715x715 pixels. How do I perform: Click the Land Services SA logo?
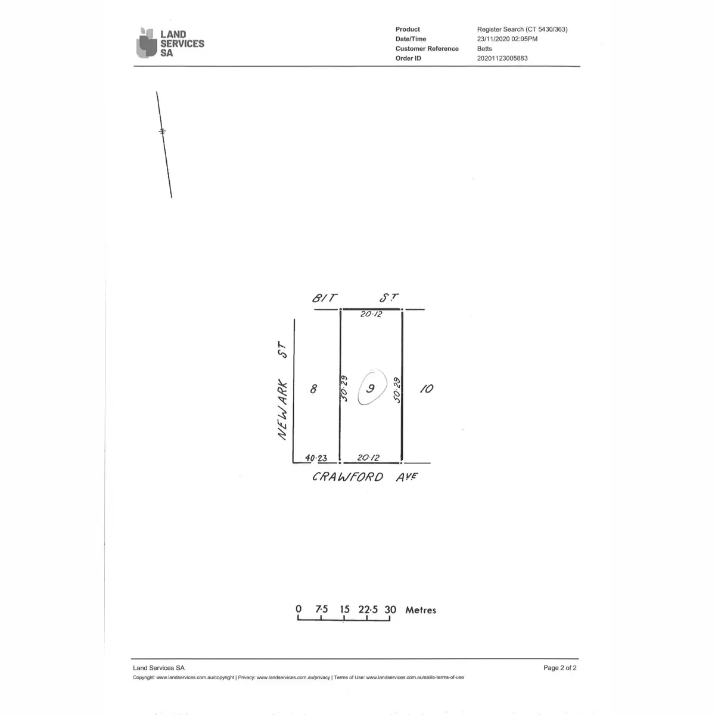tap(170, 43)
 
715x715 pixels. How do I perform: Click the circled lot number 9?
tap(371, 388)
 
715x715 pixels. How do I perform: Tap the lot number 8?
tap(313, 389)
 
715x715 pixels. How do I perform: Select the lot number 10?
tap(427, 388)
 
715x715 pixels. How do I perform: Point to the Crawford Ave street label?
tap(365, 477)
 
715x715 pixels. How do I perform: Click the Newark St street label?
tap(282, 391)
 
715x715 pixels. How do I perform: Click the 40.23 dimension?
tap(316, 458)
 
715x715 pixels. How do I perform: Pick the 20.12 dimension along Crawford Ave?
tap(368, 458)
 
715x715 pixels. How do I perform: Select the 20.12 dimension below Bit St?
tap(371, 314)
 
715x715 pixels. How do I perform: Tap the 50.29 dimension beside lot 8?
tap(344, 388)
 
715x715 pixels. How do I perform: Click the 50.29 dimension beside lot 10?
tap(397, 390)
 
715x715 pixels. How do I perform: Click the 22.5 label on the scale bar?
tap(368, 610)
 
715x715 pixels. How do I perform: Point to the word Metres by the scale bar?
tap(421, 610)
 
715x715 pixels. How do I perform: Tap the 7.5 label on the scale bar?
tap(322, 610)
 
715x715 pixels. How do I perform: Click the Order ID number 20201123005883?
tap(502, 58)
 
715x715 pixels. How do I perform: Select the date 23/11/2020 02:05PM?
tap(507, 39)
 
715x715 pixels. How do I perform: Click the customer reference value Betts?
tap(484, 49)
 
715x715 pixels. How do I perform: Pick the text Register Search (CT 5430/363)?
tap(523, 29)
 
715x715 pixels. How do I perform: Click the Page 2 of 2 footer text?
tap(560, 668)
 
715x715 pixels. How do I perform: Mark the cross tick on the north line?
tap(162, 131)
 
